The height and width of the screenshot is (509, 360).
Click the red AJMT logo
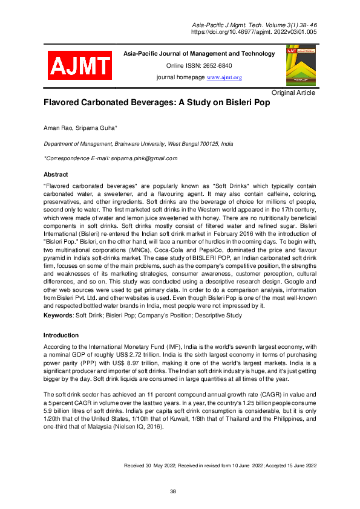tap(79, 66)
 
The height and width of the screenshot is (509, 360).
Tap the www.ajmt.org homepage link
tap(224, 77)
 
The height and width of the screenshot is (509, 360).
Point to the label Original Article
tap(293, 92)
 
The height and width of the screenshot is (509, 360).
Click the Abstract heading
tap(56, 174)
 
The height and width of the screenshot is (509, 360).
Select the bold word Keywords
tap(59, 316)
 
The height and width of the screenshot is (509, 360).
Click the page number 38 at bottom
tap(172, 491)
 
